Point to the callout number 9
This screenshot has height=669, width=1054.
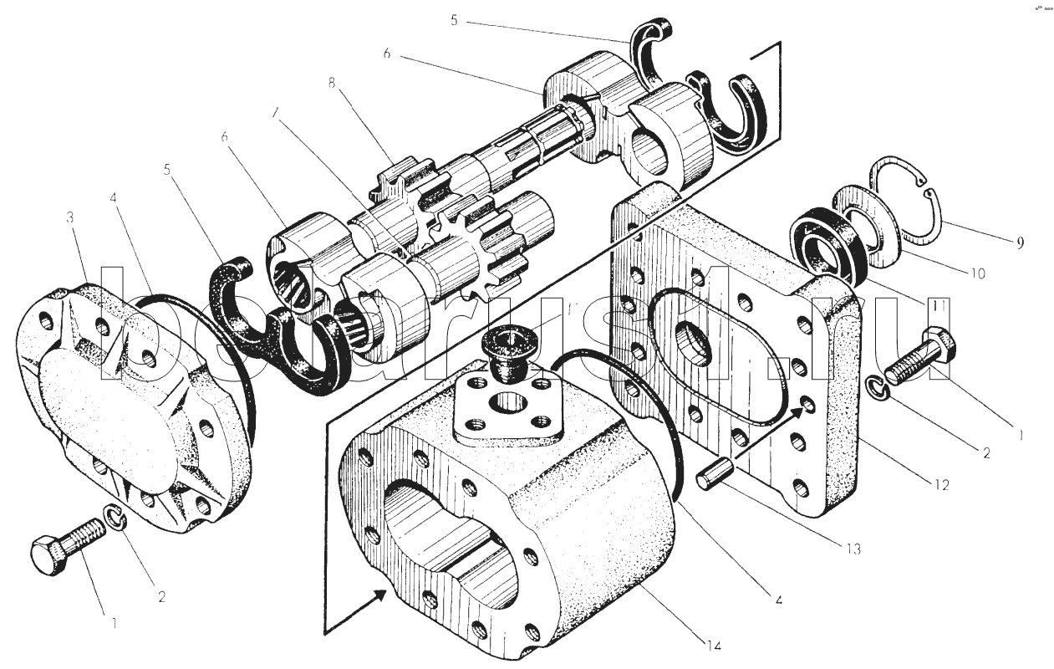pos(1020,243)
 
